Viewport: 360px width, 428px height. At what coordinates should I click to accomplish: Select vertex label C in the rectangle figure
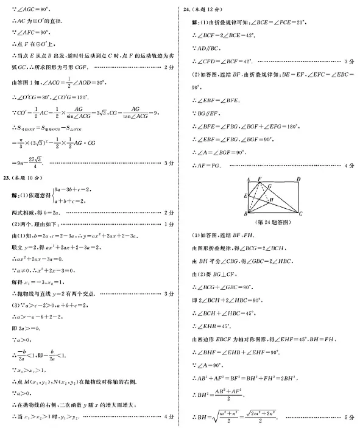(301, 214)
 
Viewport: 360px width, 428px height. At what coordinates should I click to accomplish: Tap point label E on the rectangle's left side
(245, 195)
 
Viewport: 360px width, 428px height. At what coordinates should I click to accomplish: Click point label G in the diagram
(269, 187)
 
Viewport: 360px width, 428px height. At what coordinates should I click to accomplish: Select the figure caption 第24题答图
(272, 223)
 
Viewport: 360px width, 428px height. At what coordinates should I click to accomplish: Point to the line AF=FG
(210, 165)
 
